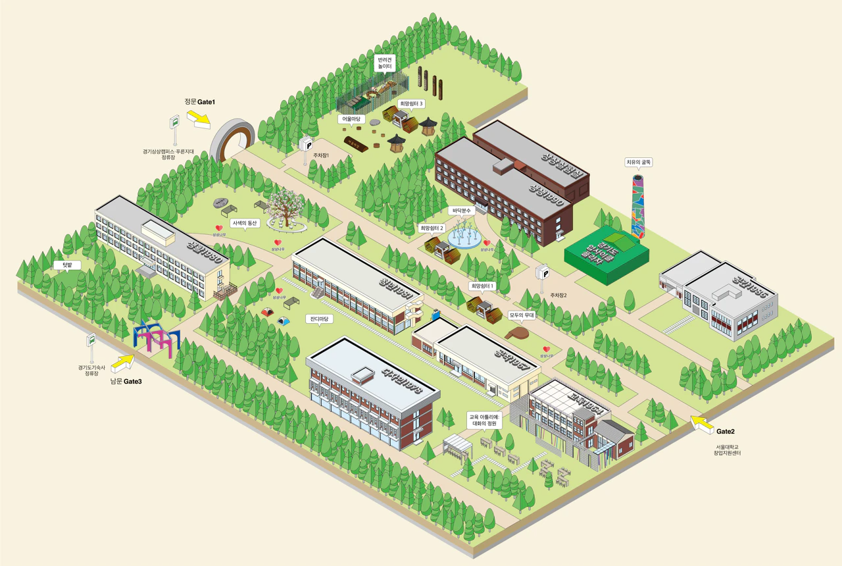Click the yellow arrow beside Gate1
pyautogui.click(x=198, y=119)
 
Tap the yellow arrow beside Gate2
pyautogui.click(x=702, y=424)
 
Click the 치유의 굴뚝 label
pyautogui.click(x=638, y=161)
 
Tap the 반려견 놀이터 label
pyautogui.click(x=385, y=63)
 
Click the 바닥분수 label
pyautogui.click(x=462, y=211)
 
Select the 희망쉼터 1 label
pyautogui.click(x=482, y=286)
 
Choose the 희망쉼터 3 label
pyautogui.click(x=412, y=104)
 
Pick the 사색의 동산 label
pyautogui.click(x=245, y=223)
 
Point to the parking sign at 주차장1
pyautogui.click(x=306, y=143)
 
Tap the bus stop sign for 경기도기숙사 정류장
pyautogui.click(x=91, y=340)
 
